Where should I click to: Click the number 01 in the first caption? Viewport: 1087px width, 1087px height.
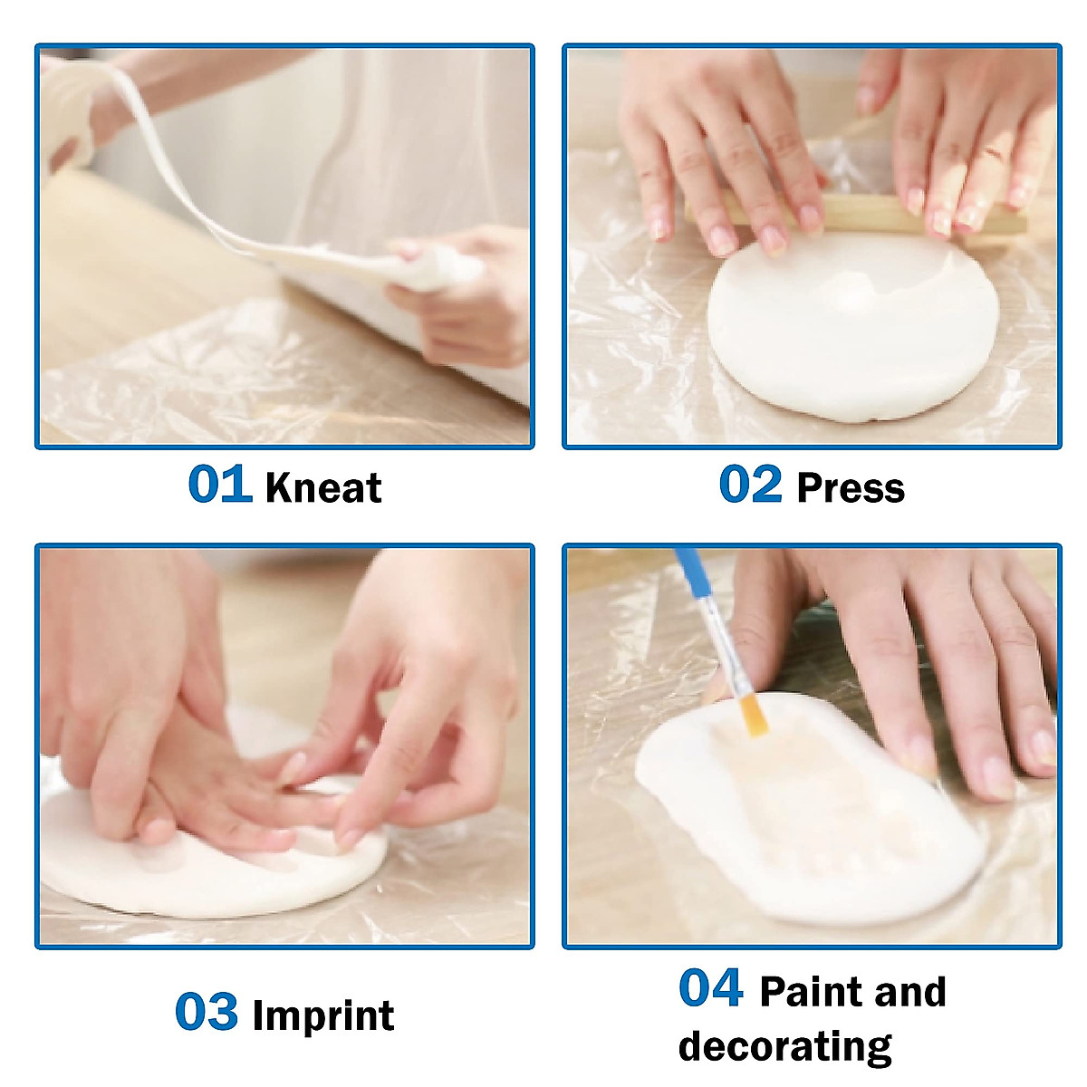point(219,485)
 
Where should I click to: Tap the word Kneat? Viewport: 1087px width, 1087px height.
point(323,488)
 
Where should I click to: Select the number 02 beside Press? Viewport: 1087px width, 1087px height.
point(750,485)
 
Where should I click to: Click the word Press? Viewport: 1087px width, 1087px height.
point(851,488)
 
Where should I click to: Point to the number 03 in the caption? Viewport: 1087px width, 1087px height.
point(207,1013)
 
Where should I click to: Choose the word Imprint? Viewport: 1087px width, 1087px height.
point(323,1015)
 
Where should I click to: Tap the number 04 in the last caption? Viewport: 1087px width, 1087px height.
point(711,988)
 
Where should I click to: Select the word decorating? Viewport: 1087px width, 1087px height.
point(784,1046)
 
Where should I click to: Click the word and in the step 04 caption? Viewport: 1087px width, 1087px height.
point(910,992)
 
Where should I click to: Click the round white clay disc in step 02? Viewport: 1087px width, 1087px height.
point(842,335)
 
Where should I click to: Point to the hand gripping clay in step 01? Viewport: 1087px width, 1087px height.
point(453,290)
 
